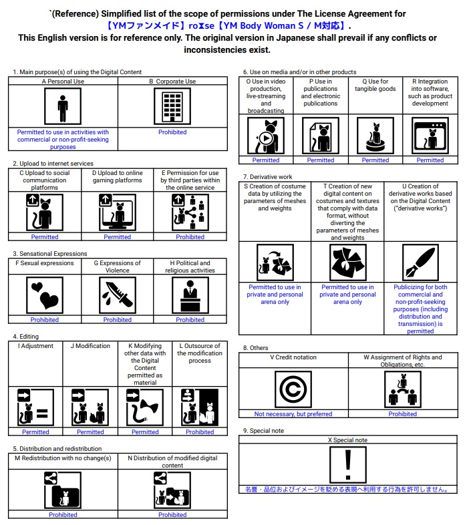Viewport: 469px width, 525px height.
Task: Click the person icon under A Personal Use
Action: (63, 107)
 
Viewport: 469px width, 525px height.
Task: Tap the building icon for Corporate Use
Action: (172, 107)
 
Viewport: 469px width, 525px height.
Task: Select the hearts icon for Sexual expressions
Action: (45, 295)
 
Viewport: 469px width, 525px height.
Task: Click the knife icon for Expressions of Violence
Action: (118, 295)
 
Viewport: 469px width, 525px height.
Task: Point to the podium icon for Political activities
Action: (190, 295)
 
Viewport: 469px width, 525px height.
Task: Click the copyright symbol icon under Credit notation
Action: (293, 389)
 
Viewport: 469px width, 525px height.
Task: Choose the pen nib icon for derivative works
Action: (420, 262)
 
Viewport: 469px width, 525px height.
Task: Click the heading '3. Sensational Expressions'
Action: (50, 254)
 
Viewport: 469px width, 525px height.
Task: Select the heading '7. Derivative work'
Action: (267, 177)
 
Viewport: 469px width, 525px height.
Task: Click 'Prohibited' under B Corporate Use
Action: (172, 132)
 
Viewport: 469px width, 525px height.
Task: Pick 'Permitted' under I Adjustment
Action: (35, 432)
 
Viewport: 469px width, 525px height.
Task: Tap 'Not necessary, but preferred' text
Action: (293, 414)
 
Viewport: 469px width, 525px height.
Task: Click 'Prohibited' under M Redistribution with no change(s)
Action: (63, 515)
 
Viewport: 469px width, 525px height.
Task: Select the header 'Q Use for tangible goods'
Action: (375, 85)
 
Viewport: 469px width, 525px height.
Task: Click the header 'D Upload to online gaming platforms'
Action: (118, 176)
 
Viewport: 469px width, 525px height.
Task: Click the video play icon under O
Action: (266, 136)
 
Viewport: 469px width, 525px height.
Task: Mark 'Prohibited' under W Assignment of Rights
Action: (403, 414)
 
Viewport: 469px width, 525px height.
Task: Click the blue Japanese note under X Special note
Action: (347, 490)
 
